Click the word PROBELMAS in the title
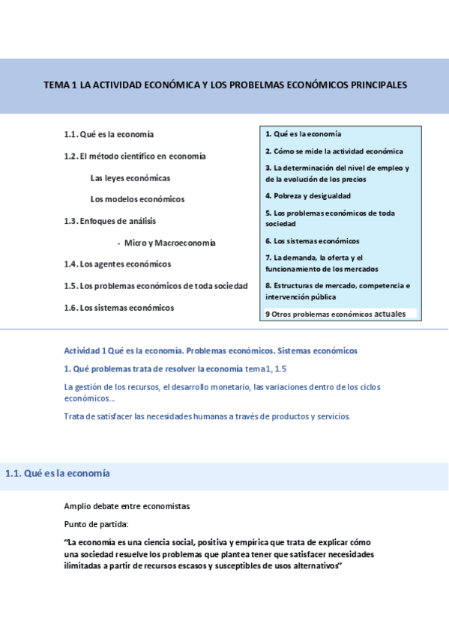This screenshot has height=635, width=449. [x=263, y=85]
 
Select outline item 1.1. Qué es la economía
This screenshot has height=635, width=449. [x=109, y=134]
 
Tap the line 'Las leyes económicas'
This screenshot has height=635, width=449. [x=130, y=178]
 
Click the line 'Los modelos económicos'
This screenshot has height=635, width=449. [x=137, y=199]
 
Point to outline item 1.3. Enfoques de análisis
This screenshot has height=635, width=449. [x=110, y=221]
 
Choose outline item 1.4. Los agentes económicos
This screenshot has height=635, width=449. [x=118, y=264]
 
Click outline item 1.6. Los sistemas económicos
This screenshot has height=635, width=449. [x=119, y=307]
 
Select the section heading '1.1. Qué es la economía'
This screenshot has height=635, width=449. [x=58, y=473]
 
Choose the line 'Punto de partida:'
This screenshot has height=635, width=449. [x=96, y=524]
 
